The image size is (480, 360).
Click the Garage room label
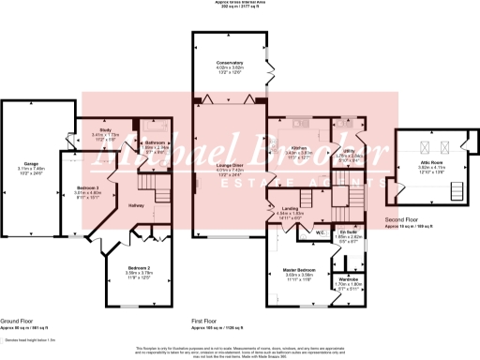[32, 163]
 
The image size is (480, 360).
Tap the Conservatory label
[230, 64]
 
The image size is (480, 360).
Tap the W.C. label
[320, 232]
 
